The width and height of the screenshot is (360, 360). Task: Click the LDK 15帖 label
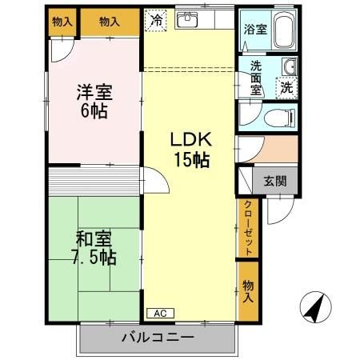pos(190,150)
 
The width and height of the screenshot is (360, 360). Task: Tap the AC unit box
pos(158,314)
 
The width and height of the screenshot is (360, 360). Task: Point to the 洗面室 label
pos(256,78)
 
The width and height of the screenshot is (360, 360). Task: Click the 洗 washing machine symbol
pos(285,86)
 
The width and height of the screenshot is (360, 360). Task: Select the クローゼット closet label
pos(248,229)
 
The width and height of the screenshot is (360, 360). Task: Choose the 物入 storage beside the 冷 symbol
pos(110,22)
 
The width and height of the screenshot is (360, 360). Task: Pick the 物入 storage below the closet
pos(248,289)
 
